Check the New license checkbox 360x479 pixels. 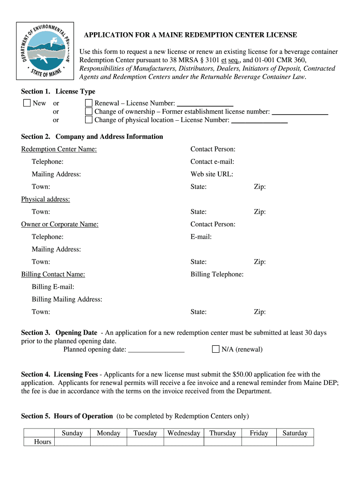(x=27, y=103)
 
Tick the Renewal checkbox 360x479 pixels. (x=88, y=103)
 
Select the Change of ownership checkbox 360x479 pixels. (x=88, y=111)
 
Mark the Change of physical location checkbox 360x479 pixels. (x=88, y=120)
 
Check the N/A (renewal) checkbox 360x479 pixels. (x=216, y=349)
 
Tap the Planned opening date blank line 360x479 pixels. (x=156, y=350)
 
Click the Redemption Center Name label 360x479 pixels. (x=59, y=149)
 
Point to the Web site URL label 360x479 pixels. (x=212, y=174)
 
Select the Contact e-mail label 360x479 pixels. (x=212, y=162)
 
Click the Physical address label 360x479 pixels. (x=45, y=199)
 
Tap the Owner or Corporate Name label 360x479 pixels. (x=60, y=224)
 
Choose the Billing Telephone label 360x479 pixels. (x=217, y=274)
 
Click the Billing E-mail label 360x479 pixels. (x=53, y=287)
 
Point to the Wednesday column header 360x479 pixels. (x=184, y=433)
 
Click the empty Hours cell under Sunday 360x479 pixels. (x=72, y=442)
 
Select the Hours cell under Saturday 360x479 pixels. (x=295, y=442)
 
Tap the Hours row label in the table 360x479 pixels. (x=43, y=442)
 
